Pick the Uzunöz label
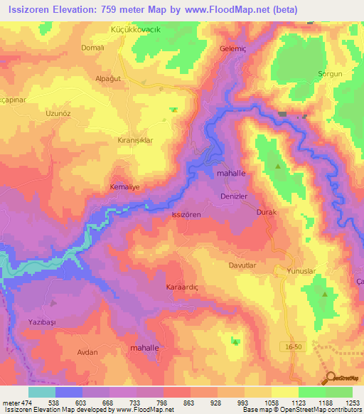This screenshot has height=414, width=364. (x=60, y=114)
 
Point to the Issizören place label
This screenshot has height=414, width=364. (x=187, y=214)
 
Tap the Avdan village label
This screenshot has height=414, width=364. (x=87, y=352)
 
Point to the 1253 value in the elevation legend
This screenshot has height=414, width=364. (x=353, y=403)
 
